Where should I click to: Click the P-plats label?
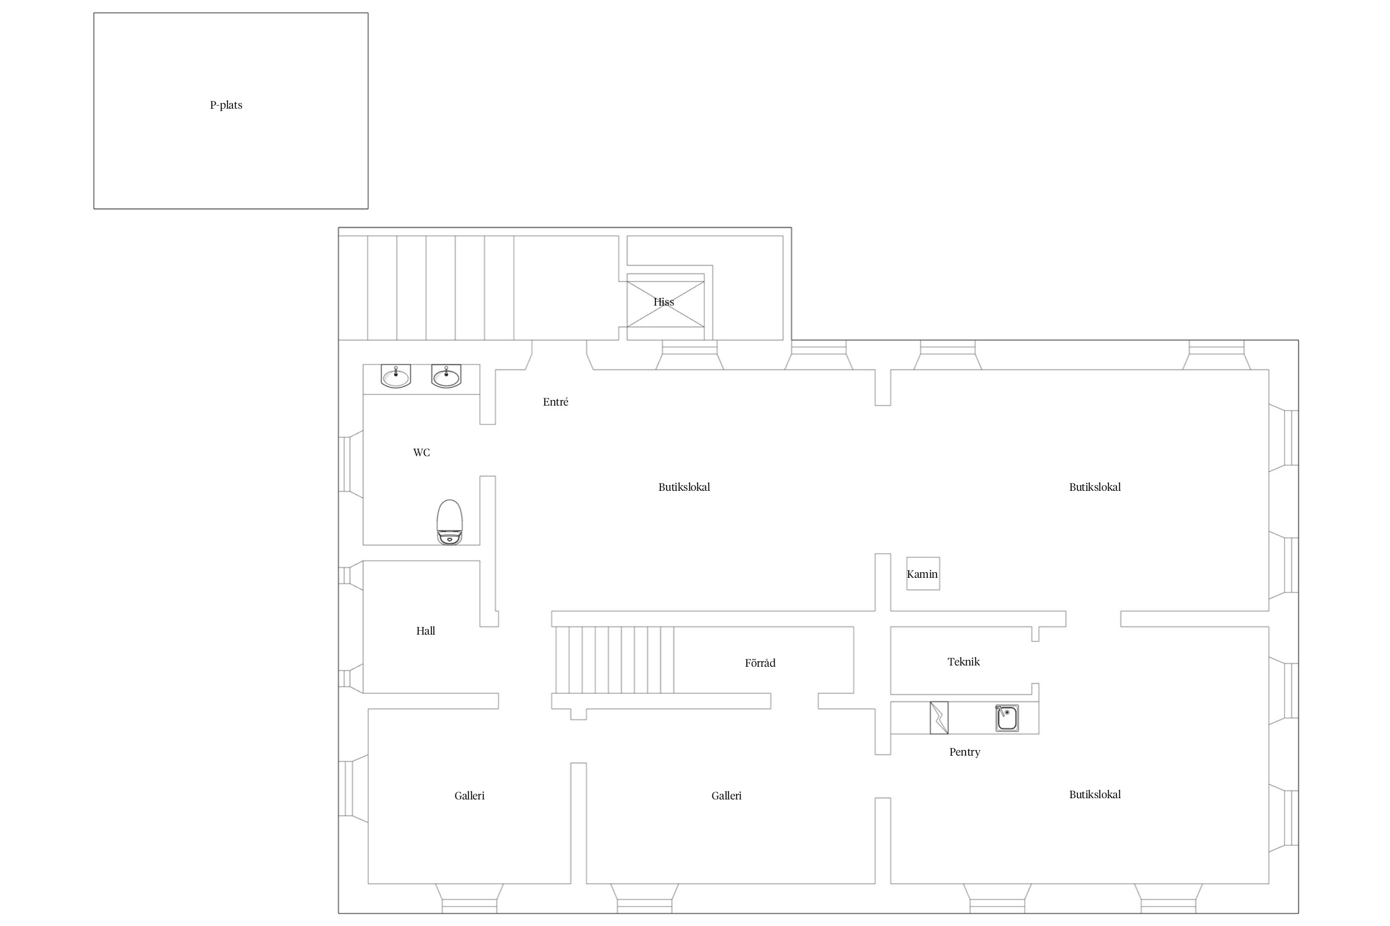coord(226,105)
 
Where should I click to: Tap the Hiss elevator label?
coord(663,302)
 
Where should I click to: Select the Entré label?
coord(555,402)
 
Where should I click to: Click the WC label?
coord(421,453)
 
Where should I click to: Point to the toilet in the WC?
coord(450,522)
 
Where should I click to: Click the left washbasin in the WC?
coord(395,376)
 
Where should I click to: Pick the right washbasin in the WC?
coord(446,376)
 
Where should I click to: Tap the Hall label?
coord(426,631)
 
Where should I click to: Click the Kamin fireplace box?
coord(923,574)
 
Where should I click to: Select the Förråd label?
coord(760,663)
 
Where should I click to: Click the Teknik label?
coord(964,662)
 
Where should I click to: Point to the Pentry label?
coord(965,752)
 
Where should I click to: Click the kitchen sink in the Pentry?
coord(1007,719)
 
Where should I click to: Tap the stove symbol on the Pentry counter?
coord(939,718)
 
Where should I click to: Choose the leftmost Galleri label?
coord(470,796)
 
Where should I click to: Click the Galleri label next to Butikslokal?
coord(727,796)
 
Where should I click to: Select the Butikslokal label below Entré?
coord(684,487)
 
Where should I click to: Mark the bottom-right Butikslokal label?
coord(1095,795)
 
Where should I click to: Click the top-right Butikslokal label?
coord(1095,487)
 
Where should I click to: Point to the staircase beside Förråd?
coord(615,660)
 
